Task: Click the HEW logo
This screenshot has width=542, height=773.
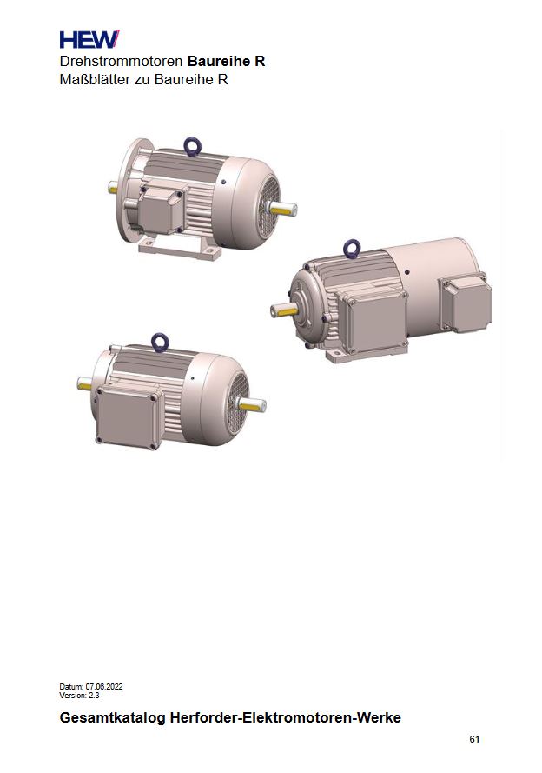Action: pyautogui.click(x=89, y=39)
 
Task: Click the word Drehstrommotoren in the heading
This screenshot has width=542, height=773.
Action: pyautogui.click(x=121, y=62)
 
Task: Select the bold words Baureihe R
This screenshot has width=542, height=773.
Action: pyautogui.click(x=227, y=62)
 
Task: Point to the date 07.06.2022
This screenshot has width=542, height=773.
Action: pyautogui.click(x=104, y=686)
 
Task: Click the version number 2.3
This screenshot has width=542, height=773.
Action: pyautogui.click(x=94, y=695)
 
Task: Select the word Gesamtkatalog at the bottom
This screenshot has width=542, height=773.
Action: pyautogui.click(x=112, y=717)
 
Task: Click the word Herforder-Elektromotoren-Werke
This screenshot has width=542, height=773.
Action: pyautogui.click(x=286, y=717)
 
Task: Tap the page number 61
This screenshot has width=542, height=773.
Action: pyautogui.click(x=474, y=739)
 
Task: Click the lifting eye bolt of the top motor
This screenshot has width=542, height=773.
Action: pyautogui.click(x=193, y=146)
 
